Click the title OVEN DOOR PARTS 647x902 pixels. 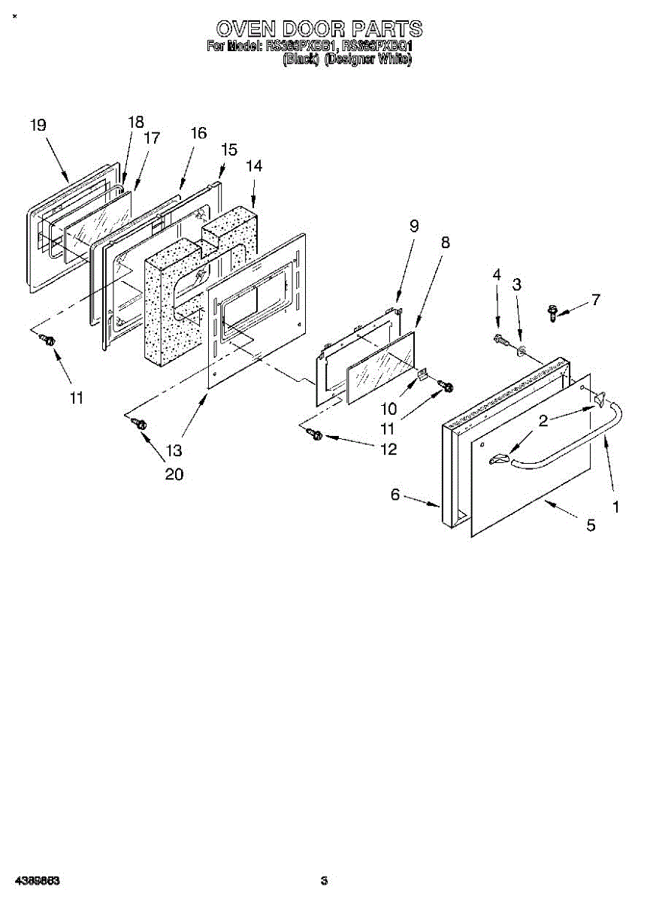click(319, 29)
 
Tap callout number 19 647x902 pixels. click(38, 126)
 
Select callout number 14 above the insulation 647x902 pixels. click(254, 166)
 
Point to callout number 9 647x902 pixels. click(414, 225)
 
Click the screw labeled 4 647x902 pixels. click(498, 341)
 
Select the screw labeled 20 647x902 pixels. click(139, 425)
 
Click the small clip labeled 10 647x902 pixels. click(422, 373)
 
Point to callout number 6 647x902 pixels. click(395, 494)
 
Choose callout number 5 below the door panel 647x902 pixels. click(591, 525)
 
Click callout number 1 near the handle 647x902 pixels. click(616, 507)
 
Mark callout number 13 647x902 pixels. click(174, 451)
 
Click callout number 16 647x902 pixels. click(198, 133)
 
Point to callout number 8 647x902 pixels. click(446, 243)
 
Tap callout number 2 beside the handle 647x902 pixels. click(543, 421)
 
